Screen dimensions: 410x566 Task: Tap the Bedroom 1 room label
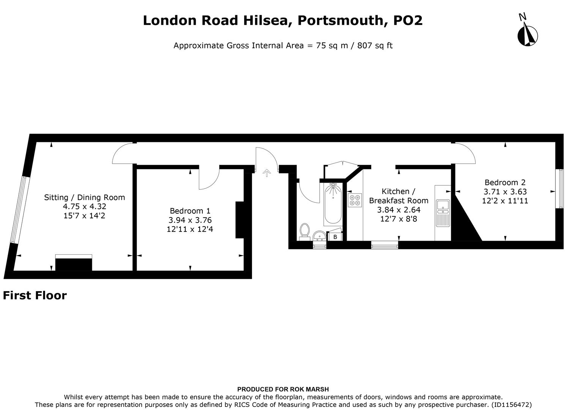click(x=190, y=211)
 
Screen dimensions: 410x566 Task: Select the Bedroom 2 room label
click(x=505, y=183)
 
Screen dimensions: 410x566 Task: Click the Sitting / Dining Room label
click(x=84, y=197)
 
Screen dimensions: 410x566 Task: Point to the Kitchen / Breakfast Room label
click(x=398, y=196)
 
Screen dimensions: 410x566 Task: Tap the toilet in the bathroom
click(x=304, y=231)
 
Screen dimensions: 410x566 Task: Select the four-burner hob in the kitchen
click(x=355, y=200)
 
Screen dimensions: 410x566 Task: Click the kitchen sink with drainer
click(x=443, y=213)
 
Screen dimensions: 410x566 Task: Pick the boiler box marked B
click(x=335, y=237)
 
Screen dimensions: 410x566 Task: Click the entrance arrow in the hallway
click(x=267, y=173)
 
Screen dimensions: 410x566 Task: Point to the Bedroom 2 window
click(x=559, y=189)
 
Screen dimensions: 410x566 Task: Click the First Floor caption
click(x=35, y=295)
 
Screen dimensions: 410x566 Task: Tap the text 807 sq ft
click(x=375, y=46)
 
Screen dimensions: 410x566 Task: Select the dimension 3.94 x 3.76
click(x=190, y=220)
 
